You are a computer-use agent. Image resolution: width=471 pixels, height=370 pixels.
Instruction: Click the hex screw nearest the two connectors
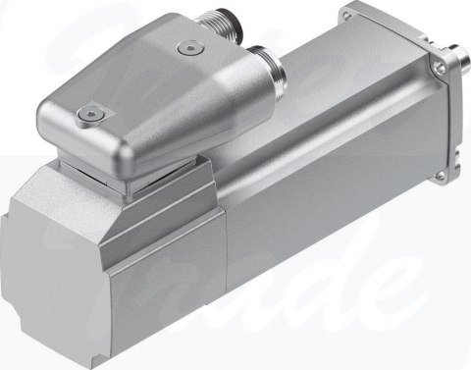187,45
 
